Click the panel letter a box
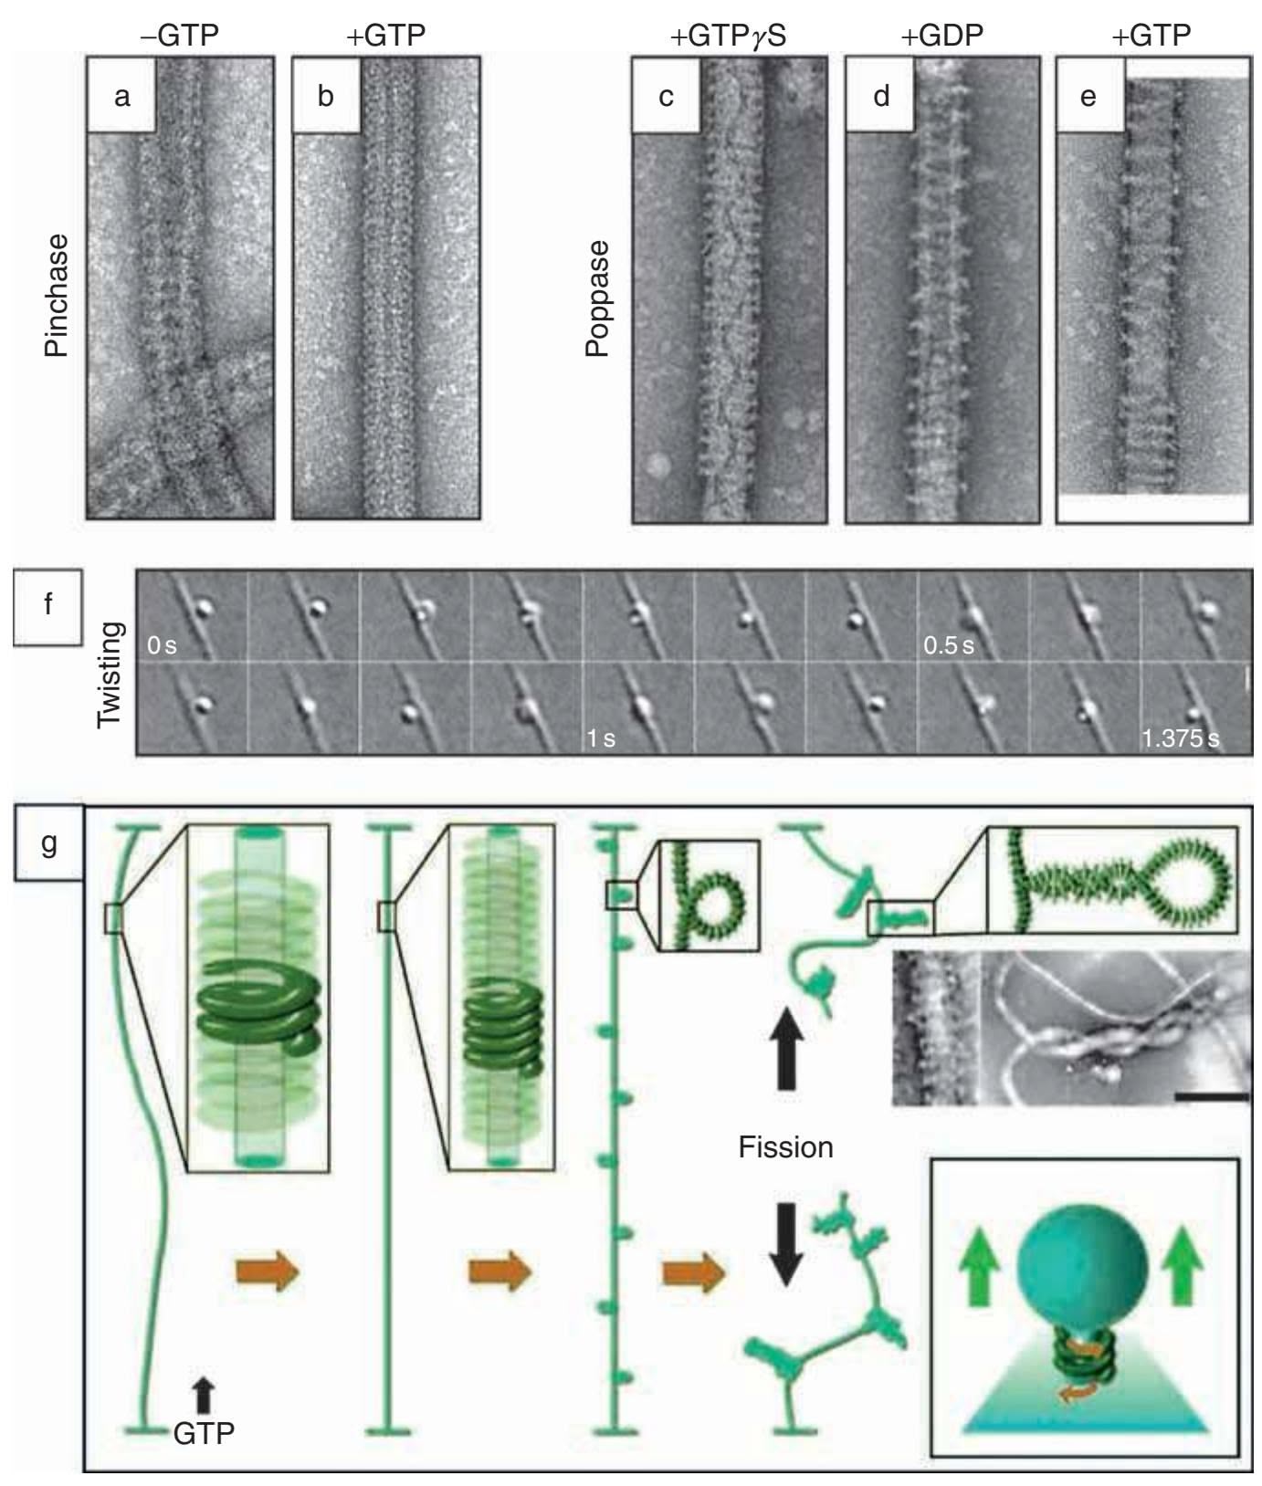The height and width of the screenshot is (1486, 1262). tap(122, 96)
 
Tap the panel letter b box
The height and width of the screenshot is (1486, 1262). tap(326, 96)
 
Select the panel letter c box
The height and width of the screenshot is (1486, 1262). tap(667, 96)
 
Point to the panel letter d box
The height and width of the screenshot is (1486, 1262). tap(880, 96)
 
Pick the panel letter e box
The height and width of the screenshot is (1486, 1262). tap(1089, 96)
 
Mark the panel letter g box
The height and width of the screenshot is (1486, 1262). tap(48, 842)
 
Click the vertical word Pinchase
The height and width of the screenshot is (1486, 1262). tap(58, 296)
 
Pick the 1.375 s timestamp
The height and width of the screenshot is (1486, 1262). tap(1180, 738)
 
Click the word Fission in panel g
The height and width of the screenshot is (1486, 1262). tap(785, 1146)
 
